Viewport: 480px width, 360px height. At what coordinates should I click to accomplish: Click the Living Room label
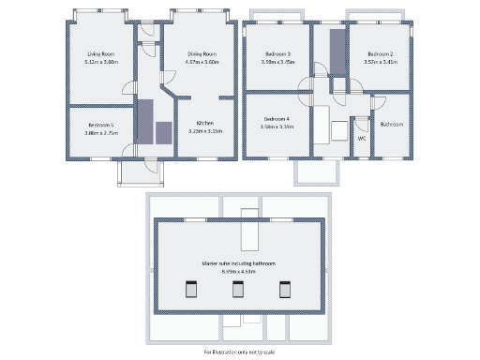(x=98, y=54)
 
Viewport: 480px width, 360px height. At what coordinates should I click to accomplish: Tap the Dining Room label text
(x=202, y=54)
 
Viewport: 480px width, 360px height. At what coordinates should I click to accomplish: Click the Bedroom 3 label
(x=277, y=54)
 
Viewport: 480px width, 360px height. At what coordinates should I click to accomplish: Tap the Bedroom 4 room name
(x=277, y=119)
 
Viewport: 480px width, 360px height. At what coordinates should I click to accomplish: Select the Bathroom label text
(x=392, y=124)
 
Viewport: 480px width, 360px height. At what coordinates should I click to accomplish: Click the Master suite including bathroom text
(x=238, y=264)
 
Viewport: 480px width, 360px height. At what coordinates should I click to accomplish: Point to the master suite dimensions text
(x=238, y=272)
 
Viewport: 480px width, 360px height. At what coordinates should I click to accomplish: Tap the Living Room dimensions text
(x=98, y=62)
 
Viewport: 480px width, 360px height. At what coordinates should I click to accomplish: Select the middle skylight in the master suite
(x=238, y=291)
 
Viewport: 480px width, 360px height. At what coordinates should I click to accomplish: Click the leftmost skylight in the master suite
(x=190, y=291)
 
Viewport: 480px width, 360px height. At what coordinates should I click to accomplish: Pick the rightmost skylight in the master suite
(x=285, y=291)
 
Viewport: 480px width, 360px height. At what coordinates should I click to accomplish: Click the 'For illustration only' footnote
(x=238, y=352)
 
